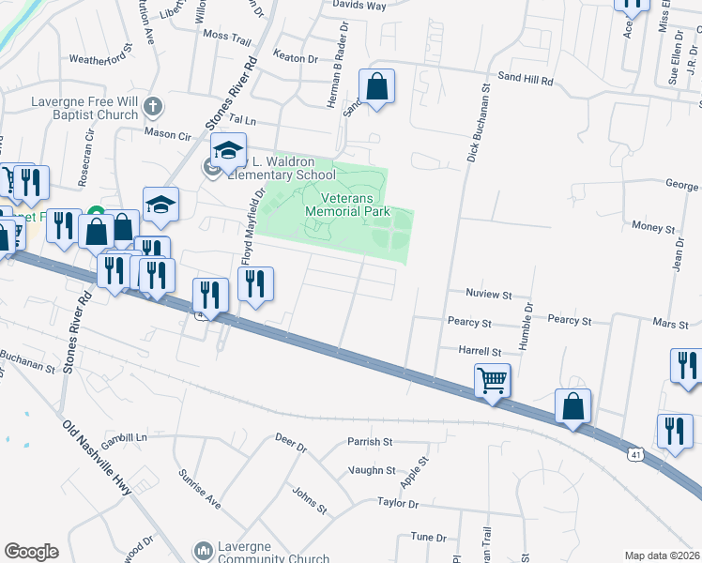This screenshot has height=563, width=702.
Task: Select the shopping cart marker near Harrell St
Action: coord(493,382)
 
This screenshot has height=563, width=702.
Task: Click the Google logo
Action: coord(31,552)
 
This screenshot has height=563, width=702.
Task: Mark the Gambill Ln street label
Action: coord(126,438)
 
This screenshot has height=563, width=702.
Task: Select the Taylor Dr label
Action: coord(398,504)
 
